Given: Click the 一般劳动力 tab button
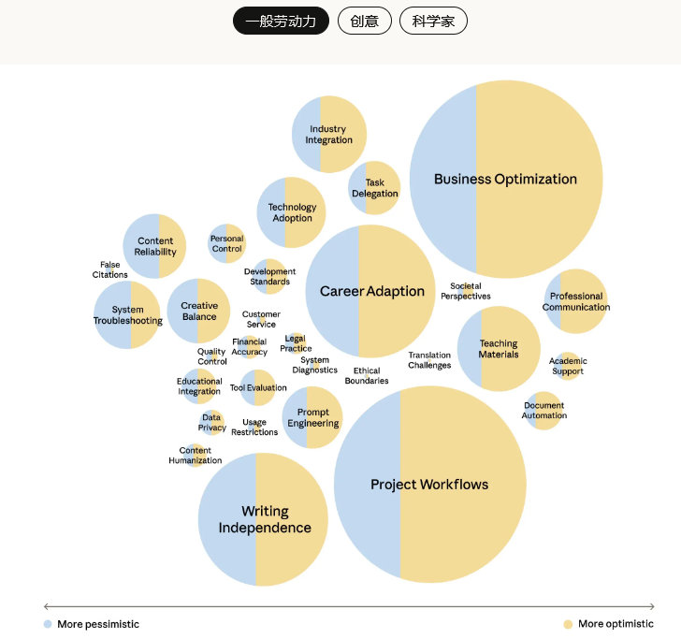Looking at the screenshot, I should tap(281, 21).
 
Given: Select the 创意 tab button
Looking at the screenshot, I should tap(365, 21).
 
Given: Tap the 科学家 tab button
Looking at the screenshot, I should tap(433, 21).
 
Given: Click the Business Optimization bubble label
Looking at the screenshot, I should tap(505, 179).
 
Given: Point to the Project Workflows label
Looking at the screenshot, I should tap(429, 484).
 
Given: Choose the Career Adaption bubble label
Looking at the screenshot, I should tap(372, 291).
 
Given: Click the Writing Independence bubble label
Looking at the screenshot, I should tap(265, 519).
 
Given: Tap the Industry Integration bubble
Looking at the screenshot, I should tap(328, 135).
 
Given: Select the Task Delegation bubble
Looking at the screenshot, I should tap(374, 188).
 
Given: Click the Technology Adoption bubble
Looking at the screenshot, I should tap(292, 212).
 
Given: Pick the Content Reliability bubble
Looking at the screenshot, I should tap(155, 246).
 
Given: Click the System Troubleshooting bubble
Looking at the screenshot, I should tap(127, 315).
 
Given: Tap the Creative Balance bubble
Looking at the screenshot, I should tap(199, 311).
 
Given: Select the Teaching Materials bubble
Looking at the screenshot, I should tap(499, 349).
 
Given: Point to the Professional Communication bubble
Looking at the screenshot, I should tap(576, 301).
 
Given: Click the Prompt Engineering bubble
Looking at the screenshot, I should tap(312, 417).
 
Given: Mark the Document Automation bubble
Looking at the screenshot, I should tap(544, 411).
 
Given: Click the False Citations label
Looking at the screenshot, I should tap(110, 269).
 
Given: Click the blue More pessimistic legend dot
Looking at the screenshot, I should tap(48, 624).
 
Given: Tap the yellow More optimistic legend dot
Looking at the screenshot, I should tap(568, 624).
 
